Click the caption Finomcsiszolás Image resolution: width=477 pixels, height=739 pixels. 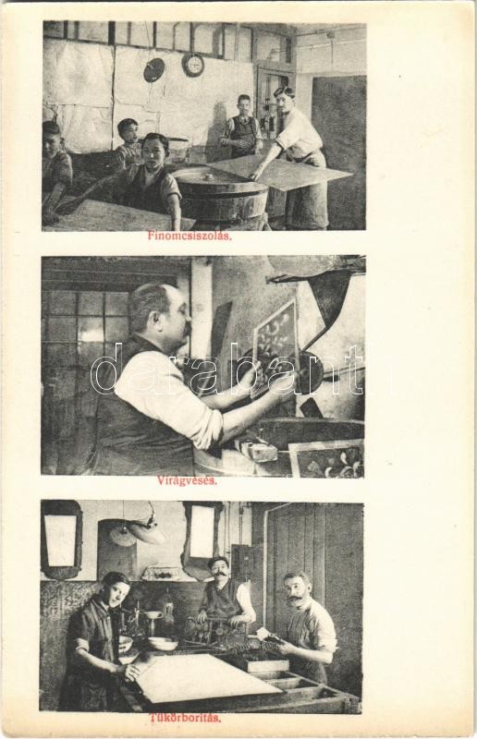(190, 236)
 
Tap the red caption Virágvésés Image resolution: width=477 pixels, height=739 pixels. (188, 480)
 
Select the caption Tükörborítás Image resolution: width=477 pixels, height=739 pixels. (186, 719)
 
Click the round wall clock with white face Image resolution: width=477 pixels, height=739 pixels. (193, 65)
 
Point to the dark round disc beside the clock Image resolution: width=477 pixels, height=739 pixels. (153, 70)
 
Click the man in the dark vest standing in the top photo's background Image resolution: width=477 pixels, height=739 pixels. (241, 127)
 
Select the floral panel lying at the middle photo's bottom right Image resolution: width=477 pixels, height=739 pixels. (326, 458)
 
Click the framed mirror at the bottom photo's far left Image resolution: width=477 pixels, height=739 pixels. (61, 539)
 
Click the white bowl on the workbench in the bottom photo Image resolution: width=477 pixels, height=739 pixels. (163, 644)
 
